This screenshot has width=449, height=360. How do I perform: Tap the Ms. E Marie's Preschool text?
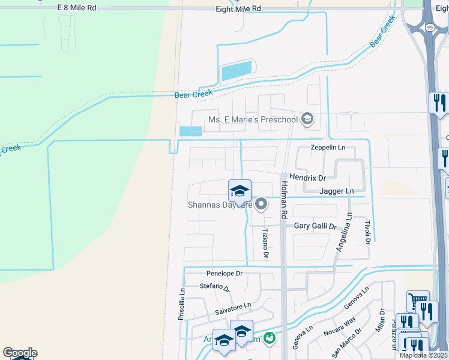(253, 119)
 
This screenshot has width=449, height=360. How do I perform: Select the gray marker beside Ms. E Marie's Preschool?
(308, 119)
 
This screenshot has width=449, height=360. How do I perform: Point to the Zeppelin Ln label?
(328, 148)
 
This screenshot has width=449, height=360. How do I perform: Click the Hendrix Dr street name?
(307, 178)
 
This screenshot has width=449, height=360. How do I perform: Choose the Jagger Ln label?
(336, 191)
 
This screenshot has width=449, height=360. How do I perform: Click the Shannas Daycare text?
(217, 205)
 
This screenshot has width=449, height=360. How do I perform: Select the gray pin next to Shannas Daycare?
(261, 205)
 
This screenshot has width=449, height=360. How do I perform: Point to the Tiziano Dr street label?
(265, 244)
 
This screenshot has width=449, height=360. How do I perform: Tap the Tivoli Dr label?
(368, 231)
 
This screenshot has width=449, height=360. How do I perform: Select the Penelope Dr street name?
(224, 273)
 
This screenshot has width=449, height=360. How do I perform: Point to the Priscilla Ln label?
(181, 304)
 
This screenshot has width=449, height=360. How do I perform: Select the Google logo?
(20, 353)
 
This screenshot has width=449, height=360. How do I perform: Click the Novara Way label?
(341, 328)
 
